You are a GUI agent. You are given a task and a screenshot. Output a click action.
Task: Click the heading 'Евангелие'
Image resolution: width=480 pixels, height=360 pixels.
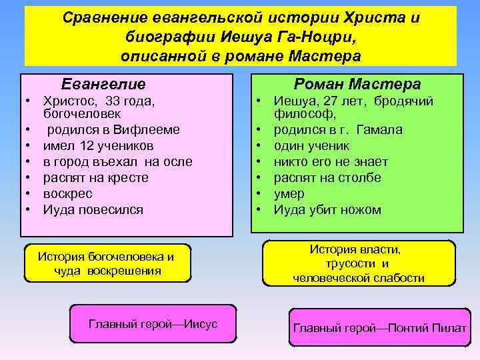pyautogui.click(x=103, y=85)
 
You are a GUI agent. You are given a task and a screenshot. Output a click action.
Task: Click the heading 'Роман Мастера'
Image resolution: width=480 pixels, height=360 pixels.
pyautogui.click(x=357, y=85)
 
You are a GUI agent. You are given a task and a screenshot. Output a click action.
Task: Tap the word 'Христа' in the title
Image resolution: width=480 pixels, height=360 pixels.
pyautogui.click(x=379, y=18)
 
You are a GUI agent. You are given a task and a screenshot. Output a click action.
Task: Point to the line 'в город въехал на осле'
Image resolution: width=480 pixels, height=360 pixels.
pyautogui.click(x=117, y=161)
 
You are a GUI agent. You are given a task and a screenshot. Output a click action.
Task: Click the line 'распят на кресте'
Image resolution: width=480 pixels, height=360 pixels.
pyautogui.click(x=95, y=177)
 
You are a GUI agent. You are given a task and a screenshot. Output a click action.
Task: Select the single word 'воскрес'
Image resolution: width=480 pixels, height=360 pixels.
pyautogui.click(x=67, y=193)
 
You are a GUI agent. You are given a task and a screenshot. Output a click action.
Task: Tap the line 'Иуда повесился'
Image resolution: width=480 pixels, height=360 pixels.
pyautogui.click(x=93, y=209)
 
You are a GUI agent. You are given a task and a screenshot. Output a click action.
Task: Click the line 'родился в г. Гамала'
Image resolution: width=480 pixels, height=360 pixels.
pyautogui.click(x=338, y=129)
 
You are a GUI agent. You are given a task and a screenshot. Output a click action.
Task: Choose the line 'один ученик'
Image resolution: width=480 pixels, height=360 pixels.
pyautogui.click(x=311, y=145)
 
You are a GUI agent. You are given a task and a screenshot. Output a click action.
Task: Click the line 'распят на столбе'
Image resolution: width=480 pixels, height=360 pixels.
pyautogui.click(x=327, y=177)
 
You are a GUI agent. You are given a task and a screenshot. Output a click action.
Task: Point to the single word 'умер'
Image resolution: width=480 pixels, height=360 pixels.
pyautogui.click(x=289, y=193)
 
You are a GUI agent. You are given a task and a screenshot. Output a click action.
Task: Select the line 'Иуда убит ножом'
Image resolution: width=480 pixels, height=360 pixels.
pyautogui.click(x=327, y=209)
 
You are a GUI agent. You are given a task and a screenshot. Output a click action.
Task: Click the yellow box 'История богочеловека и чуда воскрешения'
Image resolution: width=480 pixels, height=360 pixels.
pyautogui.click(x=107, y=263)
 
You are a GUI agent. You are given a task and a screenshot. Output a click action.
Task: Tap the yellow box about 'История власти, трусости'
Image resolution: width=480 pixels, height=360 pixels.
pyautogui.click(x=359, y=263)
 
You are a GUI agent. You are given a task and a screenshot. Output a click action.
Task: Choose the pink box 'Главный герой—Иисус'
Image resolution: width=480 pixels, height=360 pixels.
pyautogui.click(x=153, y=324)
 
